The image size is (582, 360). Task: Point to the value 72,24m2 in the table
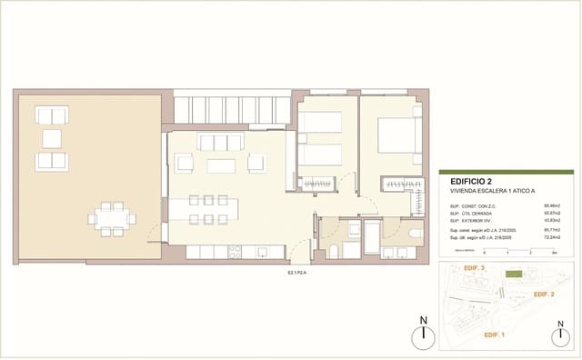(551, 238)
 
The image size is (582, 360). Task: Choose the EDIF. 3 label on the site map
(474, 269)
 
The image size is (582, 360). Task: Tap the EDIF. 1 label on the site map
(495, 335)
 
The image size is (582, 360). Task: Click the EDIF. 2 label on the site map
(544, 295)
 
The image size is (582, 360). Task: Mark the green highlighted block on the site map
(515, 274)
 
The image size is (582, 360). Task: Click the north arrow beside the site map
(423, 334)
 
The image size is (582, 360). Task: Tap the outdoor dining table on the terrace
(112, 218)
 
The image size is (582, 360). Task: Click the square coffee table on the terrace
(52, 139)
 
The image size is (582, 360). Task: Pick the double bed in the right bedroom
(396, 135)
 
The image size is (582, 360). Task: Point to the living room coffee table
(220, 165)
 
